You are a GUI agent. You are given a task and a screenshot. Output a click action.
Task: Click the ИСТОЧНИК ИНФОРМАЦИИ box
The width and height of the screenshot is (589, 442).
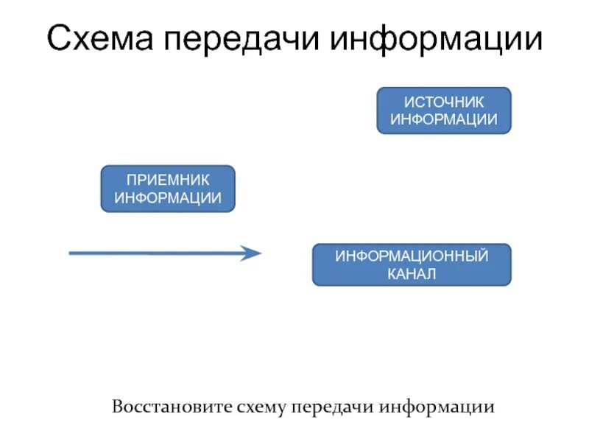(x=443, y=110)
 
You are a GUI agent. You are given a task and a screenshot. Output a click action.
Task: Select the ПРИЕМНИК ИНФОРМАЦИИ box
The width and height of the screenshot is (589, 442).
(x=168, y=189)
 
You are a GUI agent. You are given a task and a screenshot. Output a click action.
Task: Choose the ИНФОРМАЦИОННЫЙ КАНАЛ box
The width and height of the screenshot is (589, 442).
(x=412, y=264)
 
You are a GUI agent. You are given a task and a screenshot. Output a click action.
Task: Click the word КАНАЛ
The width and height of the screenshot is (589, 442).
(x=412, y=274)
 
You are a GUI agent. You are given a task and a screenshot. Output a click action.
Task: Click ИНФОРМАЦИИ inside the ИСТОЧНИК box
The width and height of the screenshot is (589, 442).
(x=443, y=119)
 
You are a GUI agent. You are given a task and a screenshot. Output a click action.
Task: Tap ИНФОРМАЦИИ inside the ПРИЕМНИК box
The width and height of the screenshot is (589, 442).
(x=168, y=197)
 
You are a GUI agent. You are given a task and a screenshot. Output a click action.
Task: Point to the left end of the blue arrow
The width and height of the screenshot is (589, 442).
(x=71, y=253)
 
